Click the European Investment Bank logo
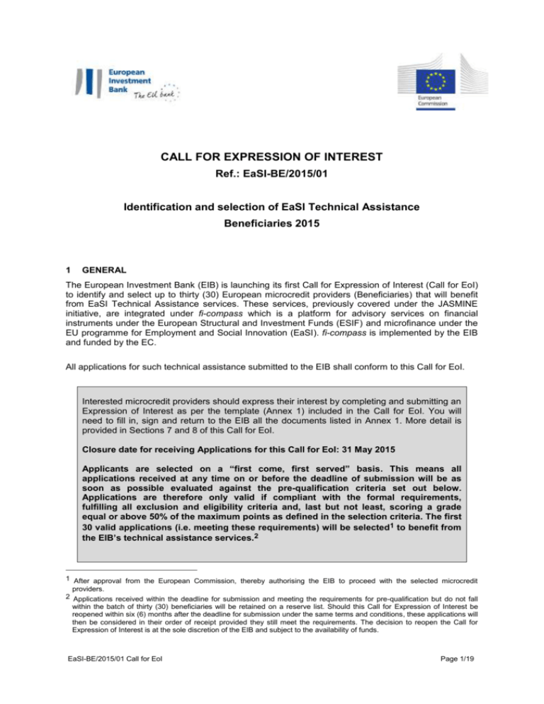click(128, 83)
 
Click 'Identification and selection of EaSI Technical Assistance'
click(272, 228)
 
